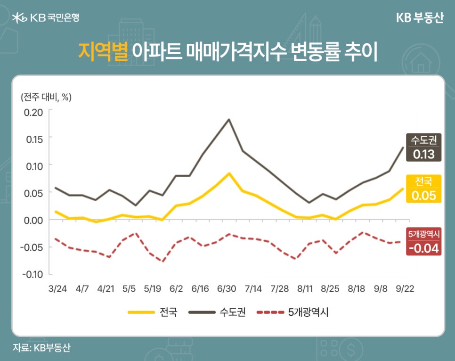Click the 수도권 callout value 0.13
click(x=423, y=154)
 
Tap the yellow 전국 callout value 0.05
click(x=423, y=196)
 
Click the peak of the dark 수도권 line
click(x=229, y=119)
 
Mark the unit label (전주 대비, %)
click(x=46, y=97)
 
